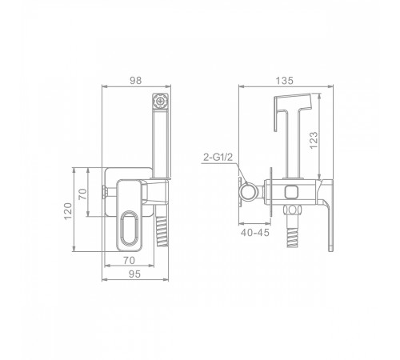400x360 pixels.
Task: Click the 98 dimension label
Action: coord(135,80)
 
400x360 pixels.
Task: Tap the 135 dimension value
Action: coord(284,80)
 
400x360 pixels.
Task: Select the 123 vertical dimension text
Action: coord(314,140)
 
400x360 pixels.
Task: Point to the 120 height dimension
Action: coord(68,211)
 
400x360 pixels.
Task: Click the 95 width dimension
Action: coord(134,274)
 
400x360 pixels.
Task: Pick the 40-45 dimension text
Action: coord(255,233)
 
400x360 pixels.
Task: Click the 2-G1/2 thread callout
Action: coord(218,157)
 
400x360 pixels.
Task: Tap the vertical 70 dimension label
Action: coord(82,194)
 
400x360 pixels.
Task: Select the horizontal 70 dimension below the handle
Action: coord(129,260)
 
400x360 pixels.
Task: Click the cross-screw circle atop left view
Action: coord(160,102)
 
